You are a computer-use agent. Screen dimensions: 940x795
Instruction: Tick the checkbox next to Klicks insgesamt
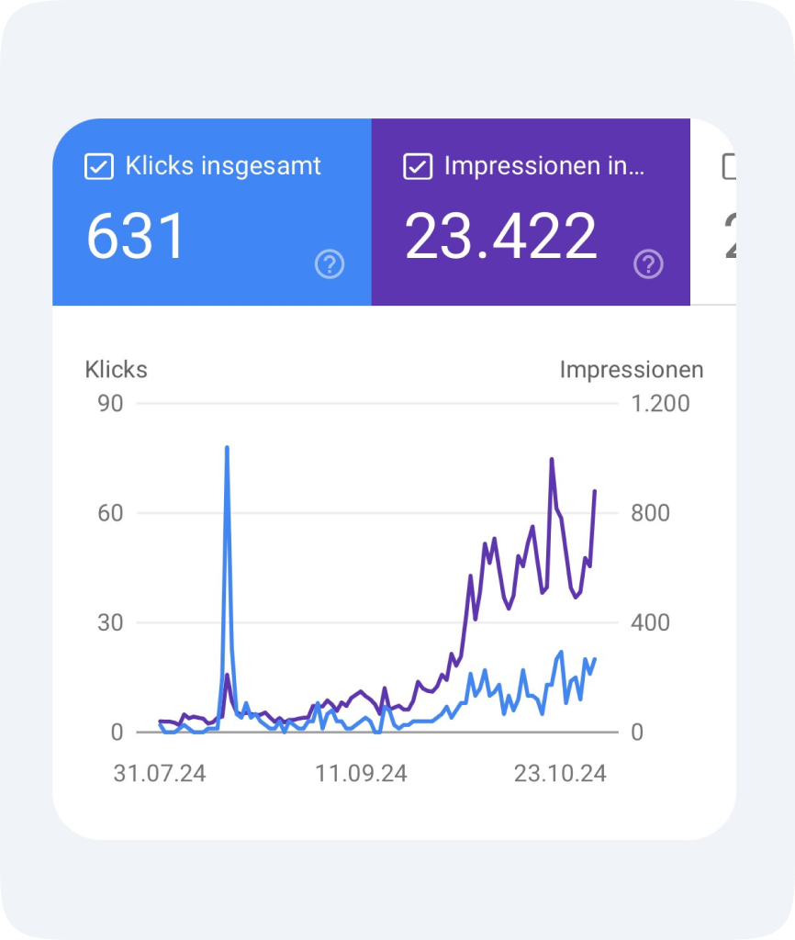98,166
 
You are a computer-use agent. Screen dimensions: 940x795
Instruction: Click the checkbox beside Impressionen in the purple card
418,166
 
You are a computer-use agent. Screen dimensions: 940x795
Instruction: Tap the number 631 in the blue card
136,236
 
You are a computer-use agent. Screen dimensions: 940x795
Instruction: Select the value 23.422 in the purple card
501,236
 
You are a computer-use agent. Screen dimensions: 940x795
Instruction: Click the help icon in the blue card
330,264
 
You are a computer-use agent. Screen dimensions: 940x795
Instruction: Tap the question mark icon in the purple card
648,264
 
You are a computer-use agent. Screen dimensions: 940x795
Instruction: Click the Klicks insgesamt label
223,166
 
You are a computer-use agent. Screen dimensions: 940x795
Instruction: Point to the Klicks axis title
116,369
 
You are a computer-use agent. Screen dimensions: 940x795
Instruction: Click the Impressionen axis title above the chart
632,369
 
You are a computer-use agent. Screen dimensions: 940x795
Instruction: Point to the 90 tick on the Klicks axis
110,403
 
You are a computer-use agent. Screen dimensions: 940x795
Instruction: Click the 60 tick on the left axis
110,512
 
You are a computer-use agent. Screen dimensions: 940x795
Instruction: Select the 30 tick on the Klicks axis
110,622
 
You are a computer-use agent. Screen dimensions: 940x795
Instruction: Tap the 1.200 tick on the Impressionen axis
659,403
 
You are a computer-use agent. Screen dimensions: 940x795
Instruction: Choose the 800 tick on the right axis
650,512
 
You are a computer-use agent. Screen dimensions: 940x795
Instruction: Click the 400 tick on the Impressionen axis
650,622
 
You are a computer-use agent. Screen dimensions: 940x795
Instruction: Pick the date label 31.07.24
160,773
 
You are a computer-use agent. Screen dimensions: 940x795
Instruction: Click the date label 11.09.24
361,773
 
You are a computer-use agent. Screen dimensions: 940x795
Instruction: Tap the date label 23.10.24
560,773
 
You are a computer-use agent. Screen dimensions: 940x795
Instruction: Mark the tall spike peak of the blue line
227,448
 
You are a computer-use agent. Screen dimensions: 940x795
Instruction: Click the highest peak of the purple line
552,459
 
